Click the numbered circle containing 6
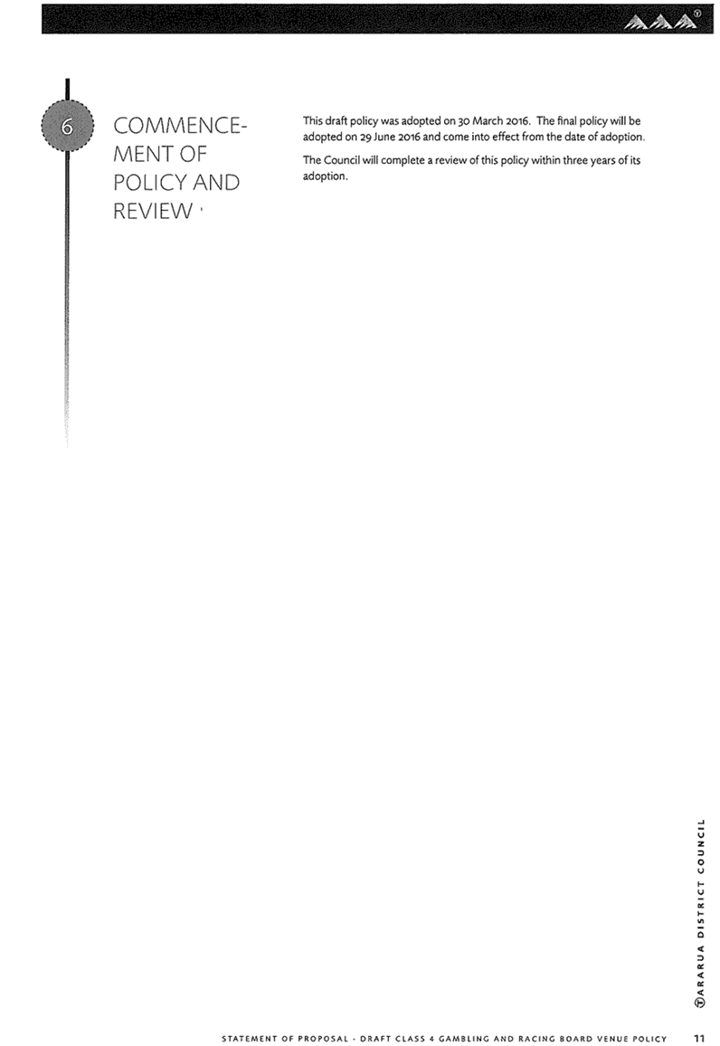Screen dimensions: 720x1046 click(x=67, y=126)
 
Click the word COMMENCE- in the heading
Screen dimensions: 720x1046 click(x=180, y=126)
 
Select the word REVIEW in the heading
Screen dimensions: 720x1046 click(x=153, y=211)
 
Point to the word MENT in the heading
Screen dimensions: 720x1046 click(x=141, y=154)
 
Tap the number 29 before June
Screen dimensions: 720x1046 click(x=365, y=138)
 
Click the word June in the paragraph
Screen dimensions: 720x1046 click(x=384, y=138)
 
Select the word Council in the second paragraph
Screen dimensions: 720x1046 click(x=342, y=161)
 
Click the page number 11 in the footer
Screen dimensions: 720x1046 click(x=698, y=1038)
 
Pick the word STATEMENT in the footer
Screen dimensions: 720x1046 click(x=248, y=1039)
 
